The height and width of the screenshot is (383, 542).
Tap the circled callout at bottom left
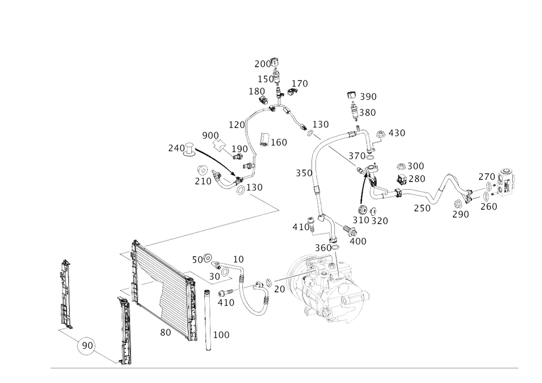(86, 345)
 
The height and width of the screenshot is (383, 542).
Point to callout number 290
(461, 215)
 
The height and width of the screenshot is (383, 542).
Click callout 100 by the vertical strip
(223, 335)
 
